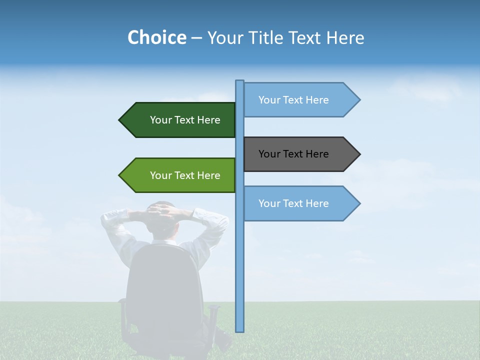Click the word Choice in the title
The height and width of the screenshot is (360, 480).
click(156, 37)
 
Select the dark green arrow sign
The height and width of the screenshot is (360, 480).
click(180, 120)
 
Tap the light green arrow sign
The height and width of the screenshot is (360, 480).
click(180, 175)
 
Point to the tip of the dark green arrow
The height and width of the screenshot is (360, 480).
click(120, 120)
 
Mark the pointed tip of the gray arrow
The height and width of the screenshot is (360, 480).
click(359, 154)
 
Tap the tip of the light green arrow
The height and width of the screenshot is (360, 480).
click(120, 175)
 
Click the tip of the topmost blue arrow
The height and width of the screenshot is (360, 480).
click(359, 100)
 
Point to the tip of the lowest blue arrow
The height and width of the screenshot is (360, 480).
click(359, 203)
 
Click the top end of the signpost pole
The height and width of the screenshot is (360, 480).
click(239, 81)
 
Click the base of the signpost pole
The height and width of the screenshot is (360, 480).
click(239, 330)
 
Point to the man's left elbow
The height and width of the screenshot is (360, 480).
click(105, 217)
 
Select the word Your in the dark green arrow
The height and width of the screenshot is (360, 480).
click(160, 120)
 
